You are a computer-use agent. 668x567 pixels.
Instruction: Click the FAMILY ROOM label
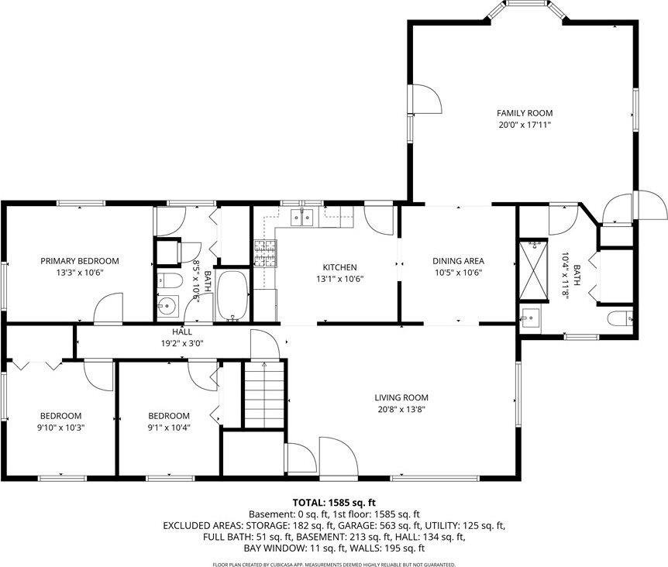tap(525, 113)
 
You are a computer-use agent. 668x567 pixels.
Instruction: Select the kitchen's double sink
tap(301, 217)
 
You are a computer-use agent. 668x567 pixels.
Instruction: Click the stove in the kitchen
tap(265, 253)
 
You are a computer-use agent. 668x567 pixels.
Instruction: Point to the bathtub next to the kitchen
tap(231, 295)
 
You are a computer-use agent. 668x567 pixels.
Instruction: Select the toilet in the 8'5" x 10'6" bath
tap(167, 280)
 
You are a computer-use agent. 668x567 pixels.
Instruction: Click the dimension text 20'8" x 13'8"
tap(402, 409)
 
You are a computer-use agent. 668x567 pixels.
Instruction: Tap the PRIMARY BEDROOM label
tap(80, 261)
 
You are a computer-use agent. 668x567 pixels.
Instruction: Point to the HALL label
tap(182, 332)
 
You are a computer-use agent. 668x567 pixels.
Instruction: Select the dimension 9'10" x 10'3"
tap(60, 427)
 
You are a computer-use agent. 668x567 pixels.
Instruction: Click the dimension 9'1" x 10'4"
tap(169, 427)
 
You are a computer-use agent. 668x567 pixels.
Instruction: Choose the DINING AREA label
tap(458, 261)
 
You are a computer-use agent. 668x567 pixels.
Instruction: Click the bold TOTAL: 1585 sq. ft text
tap(334, 502)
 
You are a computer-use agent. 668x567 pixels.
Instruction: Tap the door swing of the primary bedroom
tap(109, 308)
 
